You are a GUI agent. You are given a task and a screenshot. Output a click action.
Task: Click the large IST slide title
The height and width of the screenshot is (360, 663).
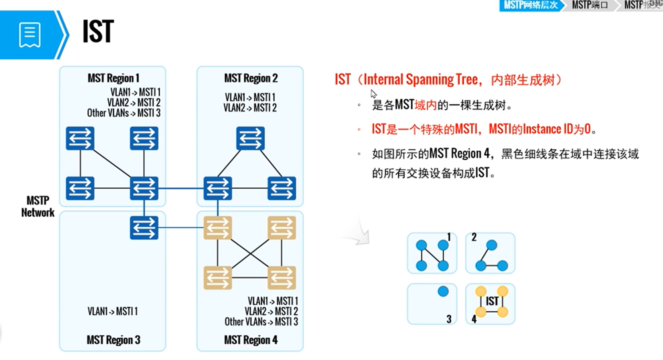[x=98, y=32]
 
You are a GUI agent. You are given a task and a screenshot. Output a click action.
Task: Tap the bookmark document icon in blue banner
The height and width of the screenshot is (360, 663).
[x=30, y=35]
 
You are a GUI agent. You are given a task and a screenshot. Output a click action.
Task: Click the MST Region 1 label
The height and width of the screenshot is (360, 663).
[x=114, y=78]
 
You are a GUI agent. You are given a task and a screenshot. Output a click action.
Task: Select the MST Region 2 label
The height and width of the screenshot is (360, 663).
[x=251, y=78]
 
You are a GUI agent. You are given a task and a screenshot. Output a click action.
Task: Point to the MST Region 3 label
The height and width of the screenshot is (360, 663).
[x=114, y=340]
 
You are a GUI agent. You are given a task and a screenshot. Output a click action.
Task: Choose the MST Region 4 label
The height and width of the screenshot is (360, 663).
[x=251, y=340]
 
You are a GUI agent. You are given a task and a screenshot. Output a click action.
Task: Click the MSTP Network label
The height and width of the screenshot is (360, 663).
[x=38, y=206]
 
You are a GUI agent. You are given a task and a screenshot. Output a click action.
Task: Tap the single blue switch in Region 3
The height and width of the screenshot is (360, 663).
[x=144, y=228]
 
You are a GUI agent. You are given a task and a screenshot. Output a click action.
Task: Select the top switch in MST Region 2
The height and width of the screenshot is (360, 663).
[x=250, y=138]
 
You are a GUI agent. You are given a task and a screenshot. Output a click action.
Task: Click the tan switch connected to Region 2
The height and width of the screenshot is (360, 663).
[x=218, y=228]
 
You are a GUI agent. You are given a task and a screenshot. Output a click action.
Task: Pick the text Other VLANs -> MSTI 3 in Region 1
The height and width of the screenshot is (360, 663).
[x=124, y=113]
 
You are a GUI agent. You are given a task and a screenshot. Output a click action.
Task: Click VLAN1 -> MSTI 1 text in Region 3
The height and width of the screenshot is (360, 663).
[x=113, y=311]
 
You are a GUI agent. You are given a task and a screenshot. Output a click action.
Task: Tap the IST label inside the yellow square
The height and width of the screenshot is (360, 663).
[x=492, y=301]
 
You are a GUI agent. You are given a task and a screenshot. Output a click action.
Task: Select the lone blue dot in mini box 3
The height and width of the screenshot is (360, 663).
[x=443, y=291]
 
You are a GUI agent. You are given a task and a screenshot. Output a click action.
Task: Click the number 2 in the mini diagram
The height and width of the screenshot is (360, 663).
[x=474, y=237]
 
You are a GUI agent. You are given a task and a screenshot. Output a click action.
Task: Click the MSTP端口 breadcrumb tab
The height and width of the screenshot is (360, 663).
[x=590, y=5]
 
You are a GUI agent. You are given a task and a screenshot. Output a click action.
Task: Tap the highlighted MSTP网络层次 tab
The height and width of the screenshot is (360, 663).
[x=530, y=5]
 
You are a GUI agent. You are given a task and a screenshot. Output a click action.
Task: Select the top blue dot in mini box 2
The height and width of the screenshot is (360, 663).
[x=492, y=245]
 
